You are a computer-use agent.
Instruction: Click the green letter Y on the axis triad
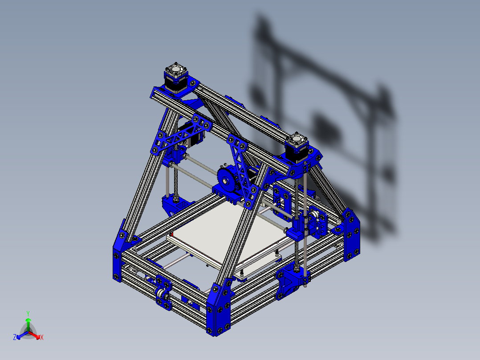28,313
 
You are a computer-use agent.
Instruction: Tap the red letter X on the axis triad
42,337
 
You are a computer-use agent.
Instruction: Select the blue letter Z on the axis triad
15,337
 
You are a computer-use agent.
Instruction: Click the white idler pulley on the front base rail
161,295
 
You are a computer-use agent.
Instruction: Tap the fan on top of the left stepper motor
177,71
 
